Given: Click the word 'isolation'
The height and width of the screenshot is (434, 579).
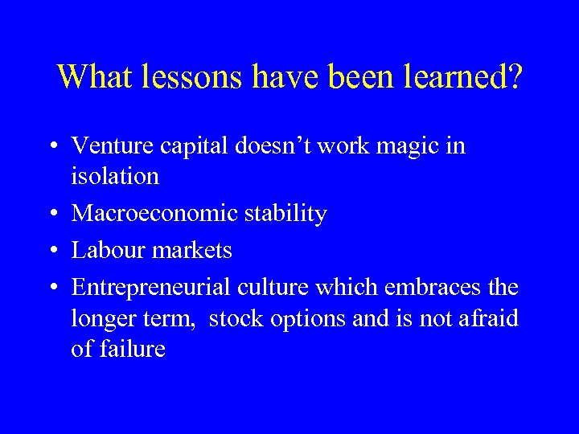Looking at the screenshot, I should (x=115, y=176).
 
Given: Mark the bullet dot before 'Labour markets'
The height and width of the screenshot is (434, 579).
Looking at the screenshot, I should (x=51, y=252).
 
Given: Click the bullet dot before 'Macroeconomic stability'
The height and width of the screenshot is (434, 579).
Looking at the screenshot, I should (x=51, y=215).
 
